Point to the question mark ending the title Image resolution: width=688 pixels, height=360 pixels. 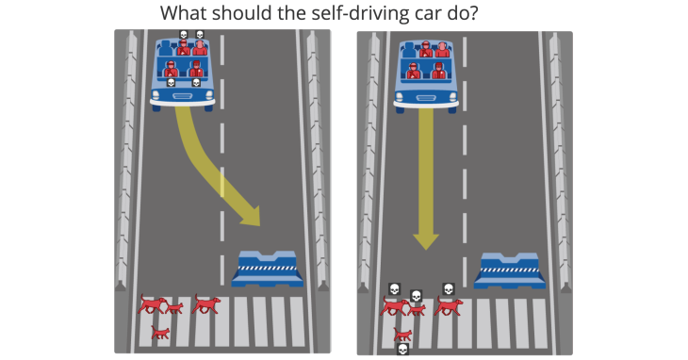(x=473, y=13)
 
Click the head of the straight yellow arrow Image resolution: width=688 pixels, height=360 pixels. (x=426, y=241)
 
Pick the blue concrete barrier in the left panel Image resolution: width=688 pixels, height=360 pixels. (x=268, y=269)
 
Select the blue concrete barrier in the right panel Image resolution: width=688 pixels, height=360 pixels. (x=510, y=270)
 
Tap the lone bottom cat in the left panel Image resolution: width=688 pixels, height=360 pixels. (x=160, y=333)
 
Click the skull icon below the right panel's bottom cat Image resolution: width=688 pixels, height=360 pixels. (x=402, y=350)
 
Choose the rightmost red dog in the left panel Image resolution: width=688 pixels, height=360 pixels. (x=205, y=303)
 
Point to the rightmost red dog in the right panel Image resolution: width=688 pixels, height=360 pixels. (x=449, y=305)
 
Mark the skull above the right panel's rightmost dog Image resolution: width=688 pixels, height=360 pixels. (x=448, y=289)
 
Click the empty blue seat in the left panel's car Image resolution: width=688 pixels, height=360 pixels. (x=166, y=47)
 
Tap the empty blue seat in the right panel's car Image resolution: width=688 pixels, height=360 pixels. (x=408, y=49)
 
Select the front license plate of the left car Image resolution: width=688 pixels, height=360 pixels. (x=182, y=96)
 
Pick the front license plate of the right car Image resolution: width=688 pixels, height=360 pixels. (x=426, y=98)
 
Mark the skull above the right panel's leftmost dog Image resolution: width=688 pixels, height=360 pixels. (x=395, y=289)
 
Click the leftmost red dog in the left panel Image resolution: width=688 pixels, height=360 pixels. (x=152, y=303)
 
